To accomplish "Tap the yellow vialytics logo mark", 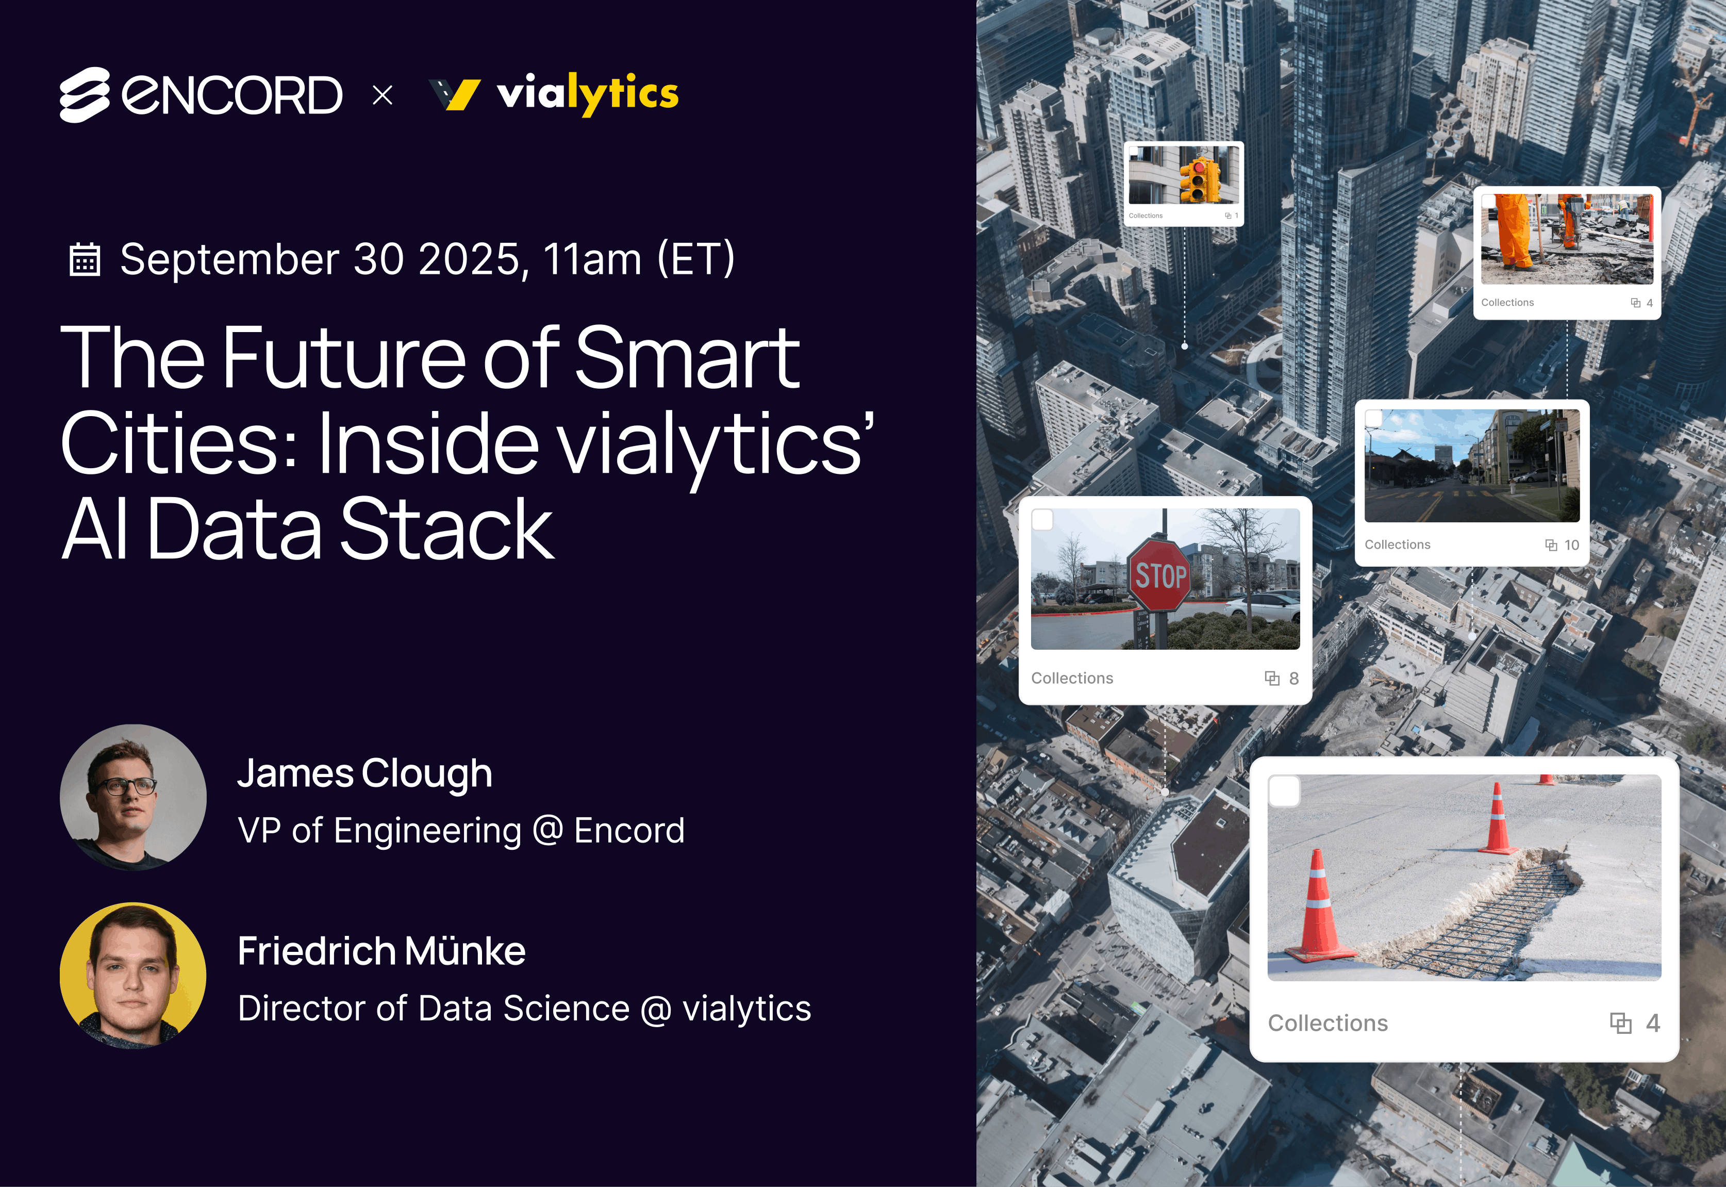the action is [455, 94].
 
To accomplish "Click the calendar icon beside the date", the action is [85, 259].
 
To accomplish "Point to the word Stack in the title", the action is [446, 530].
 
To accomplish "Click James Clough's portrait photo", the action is [133, 797].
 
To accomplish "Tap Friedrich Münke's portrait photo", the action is [133, 975].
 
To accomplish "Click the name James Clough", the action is [364, 774].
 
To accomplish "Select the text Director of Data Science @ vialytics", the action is [524, 1009].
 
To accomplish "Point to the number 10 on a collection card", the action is [1571, 545].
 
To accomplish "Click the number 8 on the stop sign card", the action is [1294, 678].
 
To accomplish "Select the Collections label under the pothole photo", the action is [1327, 1024].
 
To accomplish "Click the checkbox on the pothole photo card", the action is [1284, 792].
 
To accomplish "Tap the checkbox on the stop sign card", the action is [1042, 519].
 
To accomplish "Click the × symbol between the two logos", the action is [382, 95].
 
